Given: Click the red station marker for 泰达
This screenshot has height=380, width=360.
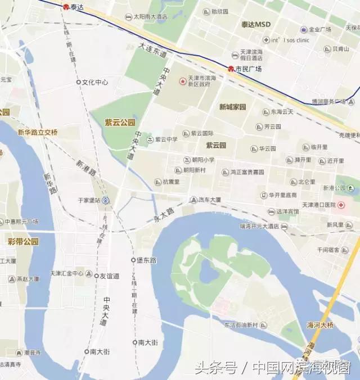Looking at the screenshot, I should click(x=66, y=7).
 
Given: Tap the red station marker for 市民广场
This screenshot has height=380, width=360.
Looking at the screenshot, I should click(x=231, y=69).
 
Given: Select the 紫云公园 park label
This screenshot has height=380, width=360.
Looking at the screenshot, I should click(x=120, y=122).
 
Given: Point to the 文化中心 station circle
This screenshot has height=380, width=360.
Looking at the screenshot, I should click(x=79, y=82).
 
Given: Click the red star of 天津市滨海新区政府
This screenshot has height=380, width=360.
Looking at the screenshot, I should click(x=182, y=82).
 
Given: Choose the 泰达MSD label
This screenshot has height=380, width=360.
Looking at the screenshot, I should click(x=256, y=25).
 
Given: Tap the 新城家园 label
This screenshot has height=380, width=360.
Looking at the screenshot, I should click(x=232, y=107).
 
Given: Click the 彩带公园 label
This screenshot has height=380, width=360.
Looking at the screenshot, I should click(x=23, y=241).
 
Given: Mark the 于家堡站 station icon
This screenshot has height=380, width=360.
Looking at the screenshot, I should click(x=106, y=200).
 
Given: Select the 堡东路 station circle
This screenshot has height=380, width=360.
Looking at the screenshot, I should click(x=133, y=260).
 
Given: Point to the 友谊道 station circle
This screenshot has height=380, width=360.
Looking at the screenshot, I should click(x=96, y=276).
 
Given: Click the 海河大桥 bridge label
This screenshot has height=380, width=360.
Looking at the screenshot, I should click(x=320, y=325).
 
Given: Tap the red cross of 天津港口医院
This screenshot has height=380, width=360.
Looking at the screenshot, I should click(x=341, y=205).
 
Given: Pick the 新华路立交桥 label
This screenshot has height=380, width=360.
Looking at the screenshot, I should click(x=37, y=133).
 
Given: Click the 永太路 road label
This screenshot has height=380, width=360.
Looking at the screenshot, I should click(x=162, y=216).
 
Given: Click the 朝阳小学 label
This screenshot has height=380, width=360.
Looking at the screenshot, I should click(x=202, y=160).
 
